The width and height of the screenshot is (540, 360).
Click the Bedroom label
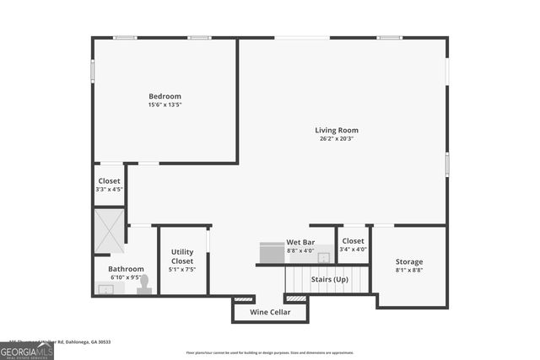coord(165,96)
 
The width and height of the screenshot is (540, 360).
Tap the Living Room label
coord(337,130)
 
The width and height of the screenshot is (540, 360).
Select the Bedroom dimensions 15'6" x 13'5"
coord(165,105)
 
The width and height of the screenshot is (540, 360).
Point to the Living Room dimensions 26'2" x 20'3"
coord(337,139)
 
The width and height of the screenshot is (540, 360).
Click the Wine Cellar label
coord(270,313)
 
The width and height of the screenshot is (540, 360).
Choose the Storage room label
coord(409,262)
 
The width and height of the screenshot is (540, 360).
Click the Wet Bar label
coord(300,242)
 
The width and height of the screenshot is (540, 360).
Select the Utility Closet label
coord(182,256)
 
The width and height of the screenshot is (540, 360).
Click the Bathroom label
coord(126,269)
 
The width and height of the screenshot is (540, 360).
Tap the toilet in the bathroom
coord(144,284)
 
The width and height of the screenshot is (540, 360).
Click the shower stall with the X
coord(110,230)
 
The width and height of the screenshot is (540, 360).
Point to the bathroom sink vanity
coord(108,288)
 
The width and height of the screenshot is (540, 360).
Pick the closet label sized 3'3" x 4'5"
coord(110,181)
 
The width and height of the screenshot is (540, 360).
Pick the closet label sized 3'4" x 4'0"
coord(353,241)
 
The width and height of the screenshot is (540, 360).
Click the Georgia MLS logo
coord(27,350)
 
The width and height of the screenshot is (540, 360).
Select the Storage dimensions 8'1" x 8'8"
coord(409,271)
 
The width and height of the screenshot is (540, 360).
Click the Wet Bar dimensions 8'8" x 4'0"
coord(300,250)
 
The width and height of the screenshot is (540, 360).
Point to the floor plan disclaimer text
coord(270,353)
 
